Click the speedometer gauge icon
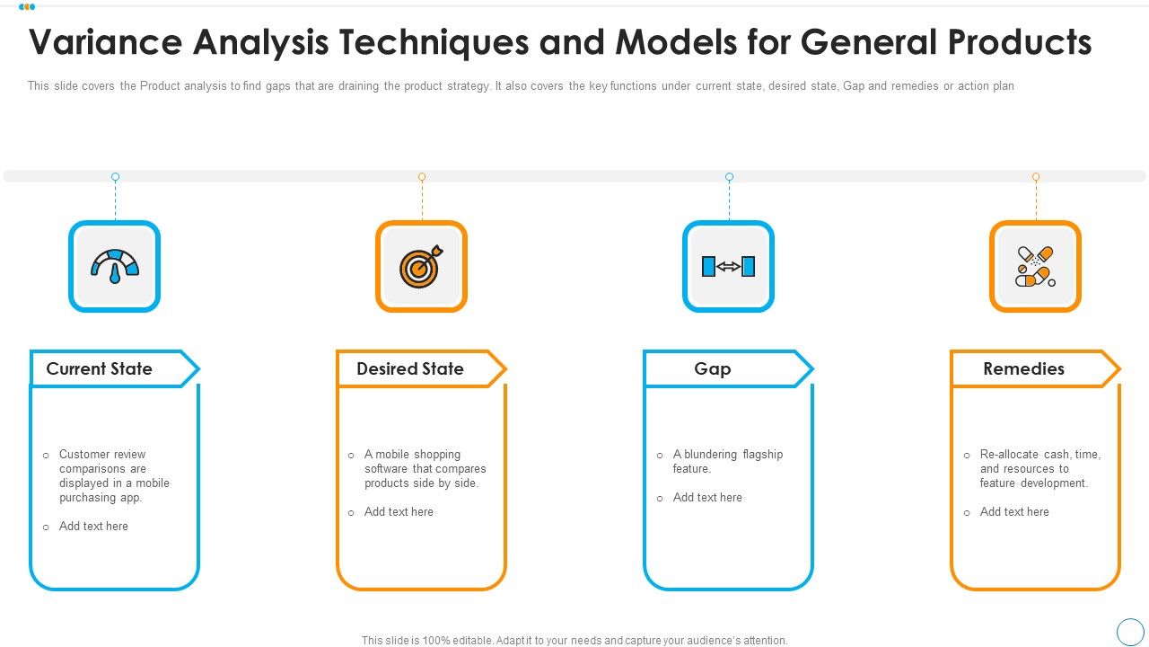[x=114, y=266]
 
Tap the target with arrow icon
[x=421, y=266]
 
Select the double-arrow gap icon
[x=728, y=266]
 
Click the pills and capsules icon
[x=1035, y=266]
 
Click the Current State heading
[x=99, y=368]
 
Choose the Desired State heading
[x=409, y=368]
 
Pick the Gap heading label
[x=712, y=368]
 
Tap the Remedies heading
[x=1023, y=368]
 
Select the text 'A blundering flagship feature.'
[x=727, y=461]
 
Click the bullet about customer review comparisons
[x=113, y=475]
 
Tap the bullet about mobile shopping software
[x=425, y=468]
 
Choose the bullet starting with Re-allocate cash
[x=1039, y=468]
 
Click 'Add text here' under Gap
[x=707, y=497]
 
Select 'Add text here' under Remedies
[x=1014, y=511]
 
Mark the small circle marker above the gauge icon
[x=115, y=177]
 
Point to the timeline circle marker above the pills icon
[x=1036, y=177]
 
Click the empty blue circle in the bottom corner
[x=1129, y=631]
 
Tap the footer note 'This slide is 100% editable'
[x=574, y=641]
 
